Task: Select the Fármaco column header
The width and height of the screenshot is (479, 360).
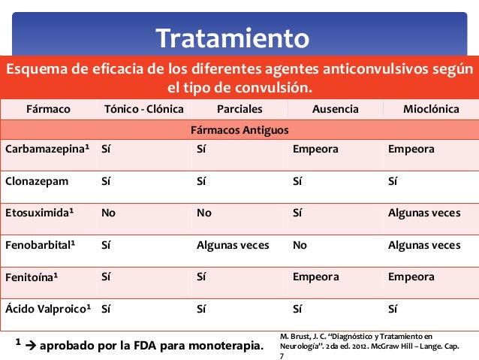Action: point(48,110)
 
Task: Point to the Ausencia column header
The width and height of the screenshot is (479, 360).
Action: point(335,110)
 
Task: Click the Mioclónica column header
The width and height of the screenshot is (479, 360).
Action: point(431,110)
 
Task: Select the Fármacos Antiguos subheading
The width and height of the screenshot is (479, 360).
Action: point(239,131)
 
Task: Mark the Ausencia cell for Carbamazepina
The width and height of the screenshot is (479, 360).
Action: point(315,150)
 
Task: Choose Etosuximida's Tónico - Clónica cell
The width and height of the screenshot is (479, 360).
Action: point(108,213)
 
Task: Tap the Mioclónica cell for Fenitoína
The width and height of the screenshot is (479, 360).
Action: point(411,277)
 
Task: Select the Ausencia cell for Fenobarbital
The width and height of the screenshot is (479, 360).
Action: point(300,245)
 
